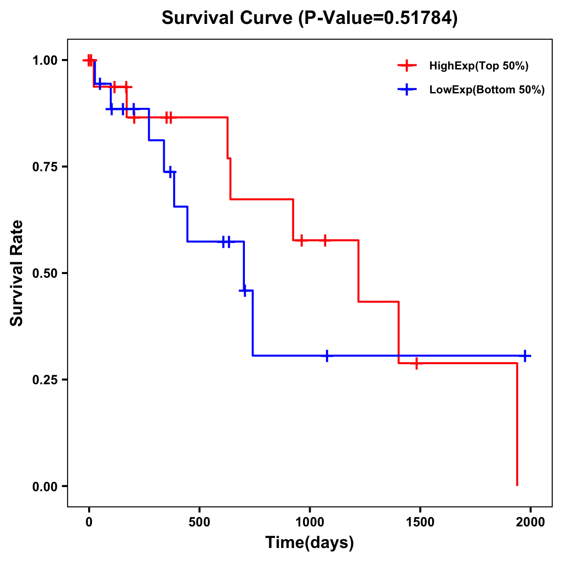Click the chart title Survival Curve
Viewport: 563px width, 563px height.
pyautogui.click(x=309, y=18)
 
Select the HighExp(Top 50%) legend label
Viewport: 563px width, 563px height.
pyautogui.click(x=479, y=66)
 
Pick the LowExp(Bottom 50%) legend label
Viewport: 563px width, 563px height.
pyautogui.click(x=487, y=90)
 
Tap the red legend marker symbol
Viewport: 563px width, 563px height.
pyautogui.click(x=407, y=66)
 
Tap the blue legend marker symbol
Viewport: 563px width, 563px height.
pyautogui.click(x=407, y=90)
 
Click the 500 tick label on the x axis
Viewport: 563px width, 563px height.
pyautogui.click(x=199, y=522)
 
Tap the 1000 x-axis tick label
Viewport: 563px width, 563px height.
pyautogui.click(x=310, y=522)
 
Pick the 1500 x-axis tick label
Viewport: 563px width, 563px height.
pyautogui.click(x=420, y=522)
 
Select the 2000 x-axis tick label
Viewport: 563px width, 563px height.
pyautogui.click(x=530, y=522)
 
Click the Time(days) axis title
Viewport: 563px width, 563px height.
pyautogui.click(x=310, y=543)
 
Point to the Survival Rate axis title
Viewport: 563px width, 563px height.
pyautogui.click(x=17, y=273)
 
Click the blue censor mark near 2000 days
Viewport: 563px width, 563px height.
pyautogui.click(x=525, y=356)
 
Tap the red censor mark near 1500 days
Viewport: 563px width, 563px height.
pyautogui.click(x=416, y=363)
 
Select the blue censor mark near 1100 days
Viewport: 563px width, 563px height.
pyautogui.click(x=327, y=356)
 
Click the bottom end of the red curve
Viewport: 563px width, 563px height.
pyautogui.click(x=517, y=485)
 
